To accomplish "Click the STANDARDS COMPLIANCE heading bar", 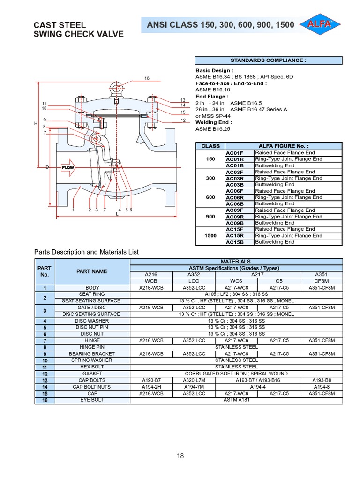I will [x=269, y=60].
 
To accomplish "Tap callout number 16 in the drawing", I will [x=147, y=78].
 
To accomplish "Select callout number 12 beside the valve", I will [x=183, y=120].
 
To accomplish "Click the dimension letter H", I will [x=36, y=123].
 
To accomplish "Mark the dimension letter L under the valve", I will [x=117, y=214].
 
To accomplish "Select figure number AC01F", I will [x=234, y=153].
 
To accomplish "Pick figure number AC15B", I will [x=234, y=242].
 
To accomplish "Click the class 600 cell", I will [x=210, y=197].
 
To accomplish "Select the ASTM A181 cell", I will [x=236, y=400].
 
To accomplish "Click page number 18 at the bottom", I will [x=180, y=456].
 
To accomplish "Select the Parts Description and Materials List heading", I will [x=87, y=252].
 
